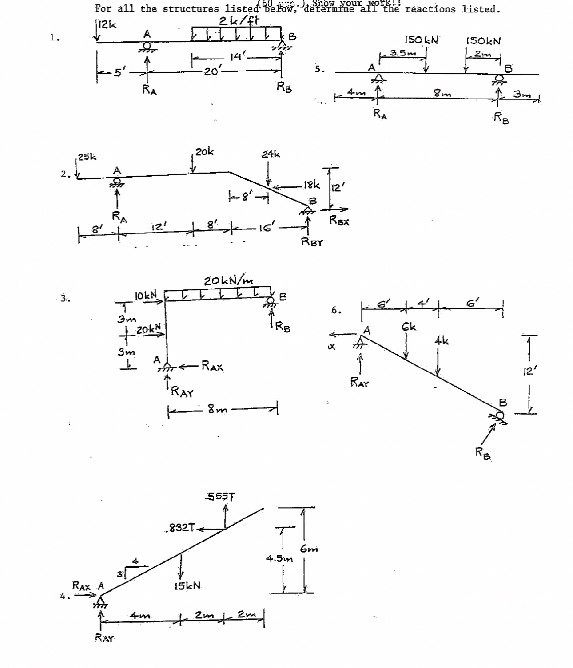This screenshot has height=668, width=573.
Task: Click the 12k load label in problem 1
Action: click(x=107, y=25)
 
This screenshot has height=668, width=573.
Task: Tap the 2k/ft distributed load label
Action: click(x=239, y=20)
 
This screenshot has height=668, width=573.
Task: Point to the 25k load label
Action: click(x=87, y=157)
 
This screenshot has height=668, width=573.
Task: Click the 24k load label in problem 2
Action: click(x=271, y=154)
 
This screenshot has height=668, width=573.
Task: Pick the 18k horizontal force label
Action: click(x=311, y=184)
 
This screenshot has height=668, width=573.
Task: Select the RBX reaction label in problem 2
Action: click(x=339, y=220)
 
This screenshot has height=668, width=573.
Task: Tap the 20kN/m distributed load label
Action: click(x=229, y=281)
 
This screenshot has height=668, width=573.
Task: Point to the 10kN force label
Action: click(x=146, y=295)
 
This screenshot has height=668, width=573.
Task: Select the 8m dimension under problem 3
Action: click(x=218, y=410)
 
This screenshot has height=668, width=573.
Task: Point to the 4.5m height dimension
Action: click(x=279, y=558)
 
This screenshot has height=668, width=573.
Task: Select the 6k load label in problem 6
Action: click(x=409, y=327)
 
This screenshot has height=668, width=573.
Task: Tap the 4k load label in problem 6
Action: click(x=441, y=341)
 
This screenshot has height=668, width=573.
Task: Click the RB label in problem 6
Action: click(x=483, y=453)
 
